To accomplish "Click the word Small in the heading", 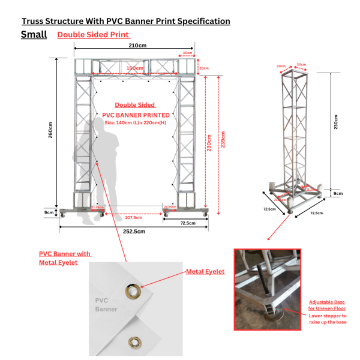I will (x=34, y=34).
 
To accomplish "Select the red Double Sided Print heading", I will (x=93, y=35).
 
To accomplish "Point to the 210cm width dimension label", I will (x=137, y=46).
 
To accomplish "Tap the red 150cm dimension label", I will (x=134, y=68).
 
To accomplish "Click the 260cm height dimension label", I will (x=51, y=130).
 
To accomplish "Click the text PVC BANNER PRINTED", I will (x=136, y=115).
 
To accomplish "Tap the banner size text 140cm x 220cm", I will (x=136, y=122).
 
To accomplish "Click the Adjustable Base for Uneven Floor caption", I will (x=327, y=304).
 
